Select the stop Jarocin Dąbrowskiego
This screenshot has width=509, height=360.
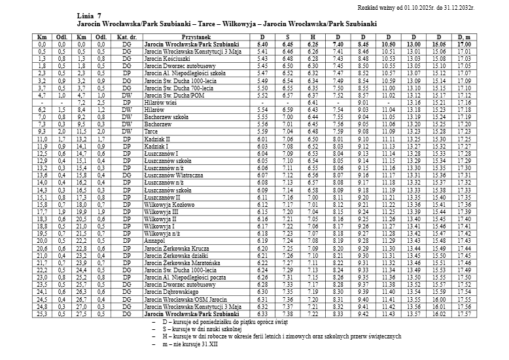pyautogui.click(x=171, y=291)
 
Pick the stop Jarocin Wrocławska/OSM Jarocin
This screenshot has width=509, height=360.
pyautogui.click(x=186, y=299)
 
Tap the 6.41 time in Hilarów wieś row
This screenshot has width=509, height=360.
pyautogui.click(x=313, y=102)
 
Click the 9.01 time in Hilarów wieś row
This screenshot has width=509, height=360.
pyautogui.click(x=364, y=102)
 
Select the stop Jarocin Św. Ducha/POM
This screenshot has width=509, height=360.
pyautogui.click(x=171, y=95)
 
